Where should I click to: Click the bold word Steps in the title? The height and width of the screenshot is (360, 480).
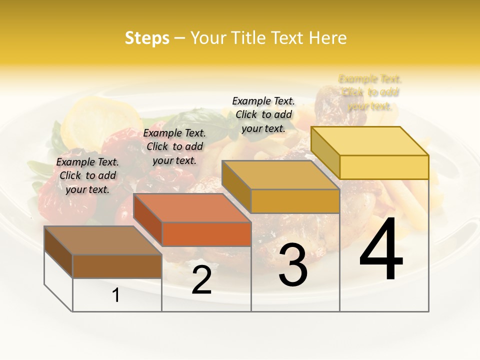[146, 38]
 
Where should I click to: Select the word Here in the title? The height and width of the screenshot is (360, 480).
[328, 38]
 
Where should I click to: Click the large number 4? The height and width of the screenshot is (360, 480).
[381, 249]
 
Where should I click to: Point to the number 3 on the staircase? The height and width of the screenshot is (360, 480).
[293, 265]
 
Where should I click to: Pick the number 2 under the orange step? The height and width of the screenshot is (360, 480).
[201, 280]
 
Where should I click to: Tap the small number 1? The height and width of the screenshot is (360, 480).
[116, 295]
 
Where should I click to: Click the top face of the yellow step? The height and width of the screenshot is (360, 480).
[370, 141]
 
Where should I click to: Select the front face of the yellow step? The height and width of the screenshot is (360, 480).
[384, 167]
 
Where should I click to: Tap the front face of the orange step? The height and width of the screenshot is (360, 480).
[206, 234]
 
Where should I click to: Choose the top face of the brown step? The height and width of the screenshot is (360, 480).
[103, 240]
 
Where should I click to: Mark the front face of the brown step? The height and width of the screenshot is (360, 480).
[117, 266]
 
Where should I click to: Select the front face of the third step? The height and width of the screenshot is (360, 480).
[295, 201]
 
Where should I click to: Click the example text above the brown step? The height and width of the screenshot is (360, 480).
[87, 175]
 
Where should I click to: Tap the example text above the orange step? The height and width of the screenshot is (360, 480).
[174, 146]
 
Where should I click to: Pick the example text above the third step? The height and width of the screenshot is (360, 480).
[263, 114]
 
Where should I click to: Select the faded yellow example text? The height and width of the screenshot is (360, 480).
[370, 92]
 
